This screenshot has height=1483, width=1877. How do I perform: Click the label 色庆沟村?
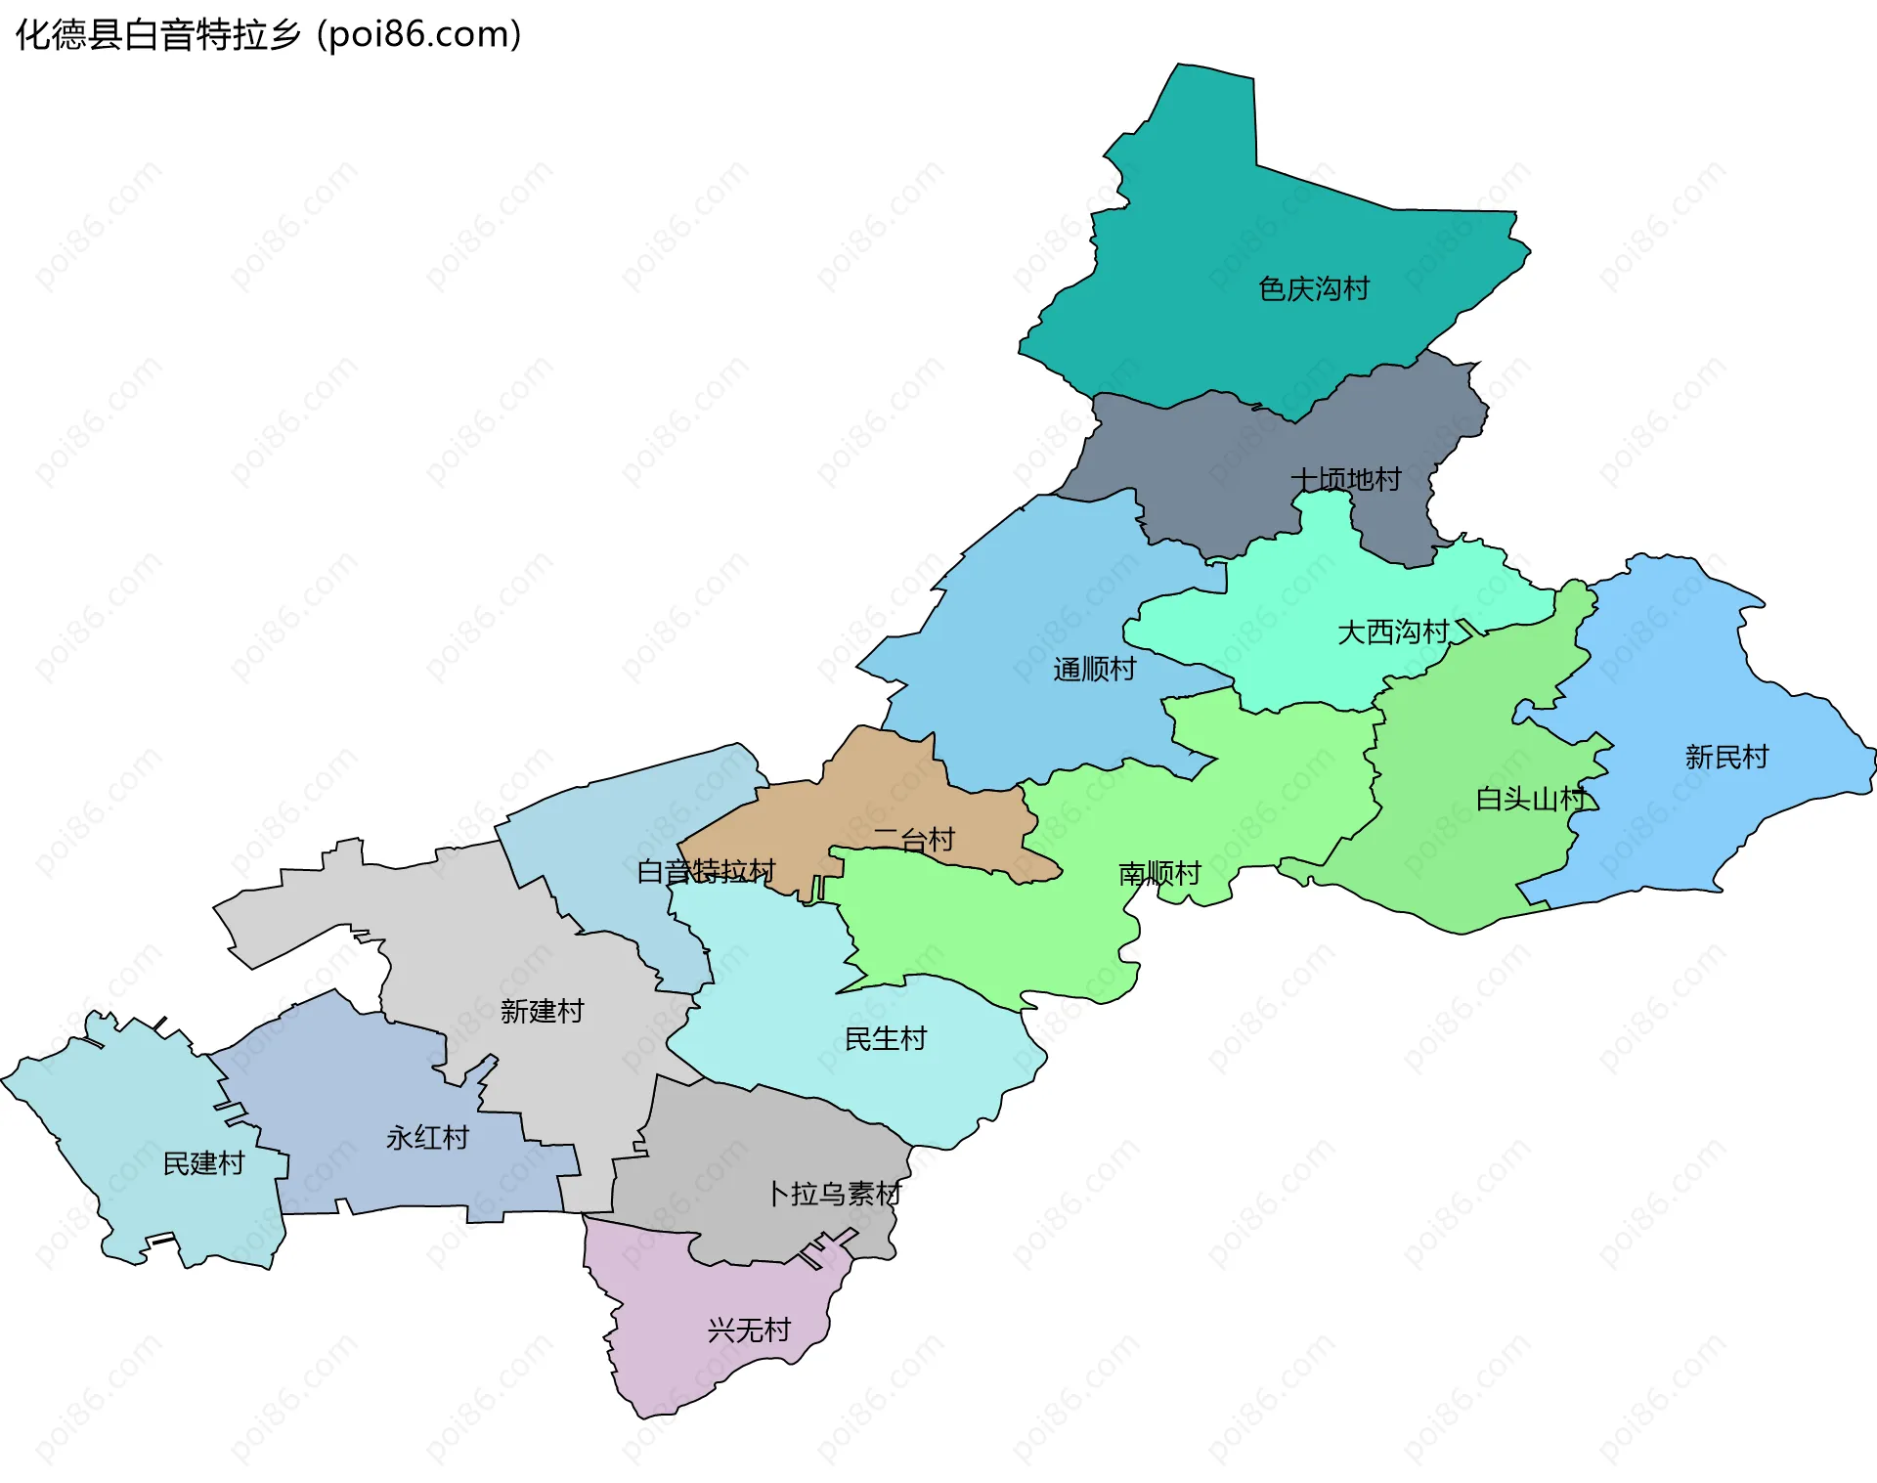point(1313,289)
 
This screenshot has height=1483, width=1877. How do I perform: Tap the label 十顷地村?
point(1345,479)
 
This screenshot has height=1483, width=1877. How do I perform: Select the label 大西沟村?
point(1392,632)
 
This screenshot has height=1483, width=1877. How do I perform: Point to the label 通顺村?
point(1094,670)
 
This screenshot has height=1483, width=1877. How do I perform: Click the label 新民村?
point(1726,758)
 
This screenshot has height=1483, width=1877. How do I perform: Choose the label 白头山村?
point(1530,800)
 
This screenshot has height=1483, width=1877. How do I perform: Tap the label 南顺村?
point(1159,873)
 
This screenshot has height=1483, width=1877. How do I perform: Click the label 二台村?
point(913,840)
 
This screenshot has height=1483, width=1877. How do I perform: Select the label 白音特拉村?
point(706,871)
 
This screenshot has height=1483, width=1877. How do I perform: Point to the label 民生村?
point(885,1039)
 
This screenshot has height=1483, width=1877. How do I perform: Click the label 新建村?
point(542,1011)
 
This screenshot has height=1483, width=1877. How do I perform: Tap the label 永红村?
point(427,1138)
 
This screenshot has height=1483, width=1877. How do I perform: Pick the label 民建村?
point(203,1163)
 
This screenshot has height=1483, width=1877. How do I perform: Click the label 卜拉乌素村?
point(833,1194)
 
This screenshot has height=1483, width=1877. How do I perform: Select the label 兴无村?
point(749,1330)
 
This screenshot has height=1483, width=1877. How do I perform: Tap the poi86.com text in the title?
point(418,34)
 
